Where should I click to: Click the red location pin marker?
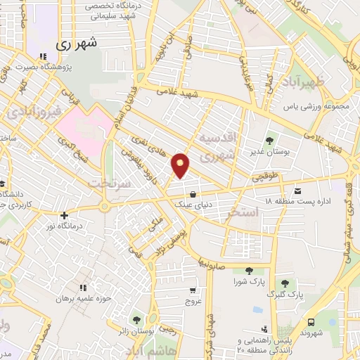tap(181, 165)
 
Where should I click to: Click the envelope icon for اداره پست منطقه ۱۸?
tap(297, 191)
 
